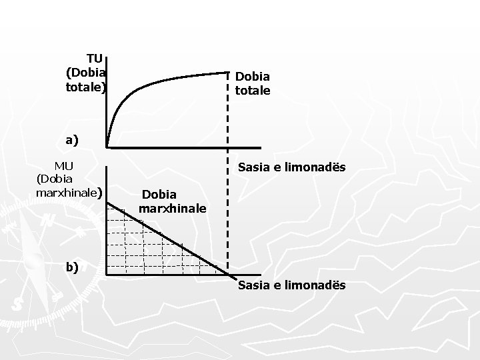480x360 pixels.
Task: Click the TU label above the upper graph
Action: pos(95,59)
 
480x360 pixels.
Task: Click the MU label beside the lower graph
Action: pos(64,165)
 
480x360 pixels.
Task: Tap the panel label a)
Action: pos(71,140)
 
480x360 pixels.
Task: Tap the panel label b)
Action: pos(71,267)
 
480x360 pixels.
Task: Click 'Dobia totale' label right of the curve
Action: pos(252,83)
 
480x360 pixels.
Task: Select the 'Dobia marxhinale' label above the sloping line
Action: pos(172,201)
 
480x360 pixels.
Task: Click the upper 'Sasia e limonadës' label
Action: pos(292,167)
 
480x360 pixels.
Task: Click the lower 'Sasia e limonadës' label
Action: pos(292,285)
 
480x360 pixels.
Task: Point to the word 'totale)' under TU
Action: pos(85,87)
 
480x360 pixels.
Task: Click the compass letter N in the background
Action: pos(49,221)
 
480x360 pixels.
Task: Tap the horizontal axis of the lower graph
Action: pos(167,275)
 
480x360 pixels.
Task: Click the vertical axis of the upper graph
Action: pos(107,100)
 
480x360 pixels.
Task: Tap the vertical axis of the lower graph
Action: pos(107,220)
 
